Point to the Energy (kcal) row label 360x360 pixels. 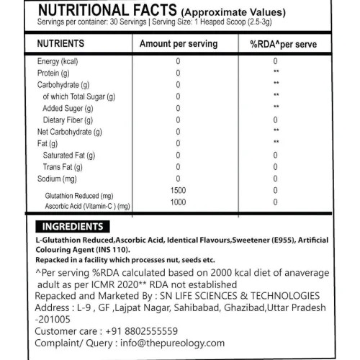[58, 61]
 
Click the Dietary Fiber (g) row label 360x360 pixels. [68, 120]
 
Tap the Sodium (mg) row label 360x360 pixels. [57, 178]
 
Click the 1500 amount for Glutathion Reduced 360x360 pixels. [178, 190]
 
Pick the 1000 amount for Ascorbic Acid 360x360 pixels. [178, 202]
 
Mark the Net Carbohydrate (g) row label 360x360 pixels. [69, 132]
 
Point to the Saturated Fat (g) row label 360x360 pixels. [68, 155]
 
